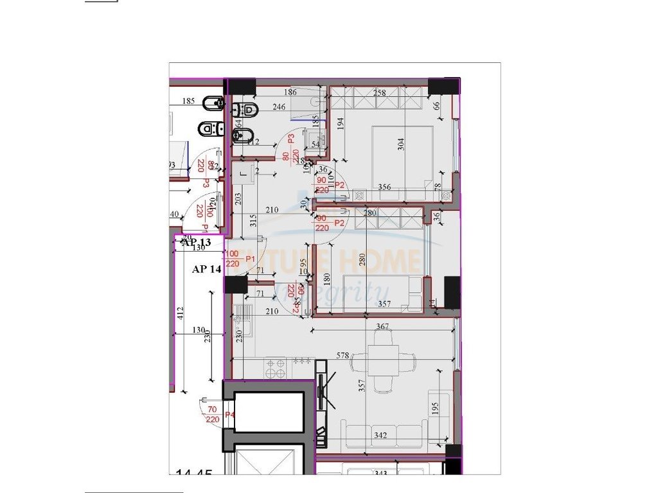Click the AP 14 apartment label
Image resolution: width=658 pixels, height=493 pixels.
click(206, 270)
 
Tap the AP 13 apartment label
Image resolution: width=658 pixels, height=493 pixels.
click(196, 243)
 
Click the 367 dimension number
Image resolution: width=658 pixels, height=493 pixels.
click(382, 327)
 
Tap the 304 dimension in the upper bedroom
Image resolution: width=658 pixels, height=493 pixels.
click(402, 144)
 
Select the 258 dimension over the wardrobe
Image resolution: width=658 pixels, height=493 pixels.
click(380, 94)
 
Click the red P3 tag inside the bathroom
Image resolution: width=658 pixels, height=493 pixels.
click(291, 138)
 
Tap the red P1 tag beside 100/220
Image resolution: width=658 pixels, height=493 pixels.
click(250, 259)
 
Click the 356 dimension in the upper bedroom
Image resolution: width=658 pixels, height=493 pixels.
click(384, 187)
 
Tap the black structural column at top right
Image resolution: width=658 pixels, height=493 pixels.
click(440, 87)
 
